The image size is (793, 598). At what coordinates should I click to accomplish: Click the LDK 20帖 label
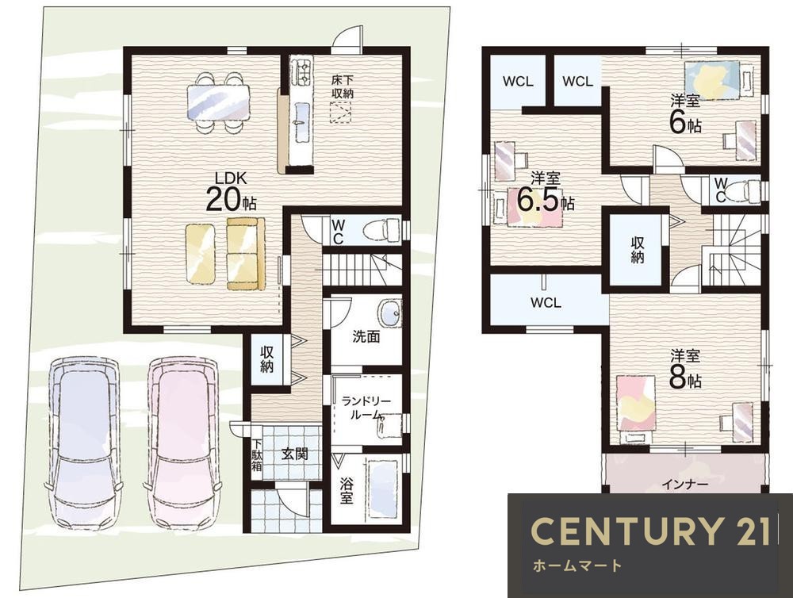[231, 192]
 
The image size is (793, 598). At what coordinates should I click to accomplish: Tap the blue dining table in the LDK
[219, 102]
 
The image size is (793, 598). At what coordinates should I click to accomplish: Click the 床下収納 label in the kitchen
[343, 86]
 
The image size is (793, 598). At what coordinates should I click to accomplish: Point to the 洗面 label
[366, 336]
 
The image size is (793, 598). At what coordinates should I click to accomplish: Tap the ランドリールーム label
[366, 408]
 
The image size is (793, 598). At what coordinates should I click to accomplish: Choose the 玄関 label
[294, 454]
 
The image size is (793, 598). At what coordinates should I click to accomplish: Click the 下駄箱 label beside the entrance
[258, 454]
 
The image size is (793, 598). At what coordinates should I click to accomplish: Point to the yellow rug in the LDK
[201, 254]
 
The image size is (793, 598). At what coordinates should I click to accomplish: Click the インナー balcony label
[685, 484]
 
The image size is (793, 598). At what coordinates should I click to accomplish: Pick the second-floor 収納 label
[638, 250]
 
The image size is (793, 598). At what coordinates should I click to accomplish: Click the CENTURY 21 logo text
[650, 531]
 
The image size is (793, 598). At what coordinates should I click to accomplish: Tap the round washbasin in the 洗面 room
[389, 312]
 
